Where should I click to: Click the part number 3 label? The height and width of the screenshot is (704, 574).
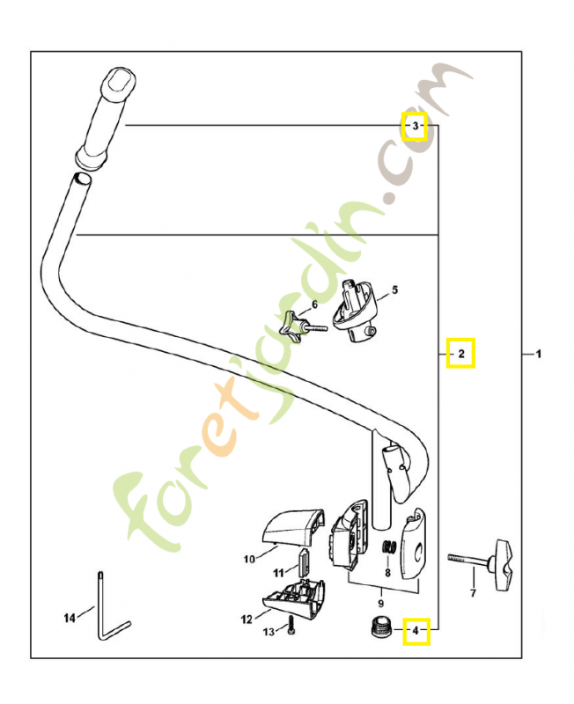coord(415,128)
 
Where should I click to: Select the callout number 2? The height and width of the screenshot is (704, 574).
coord(460,354)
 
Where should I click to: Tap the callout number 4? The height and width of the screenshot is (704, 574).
coord(416,630)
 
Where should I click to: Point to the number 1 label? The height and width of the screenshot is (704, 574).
coord(538,354)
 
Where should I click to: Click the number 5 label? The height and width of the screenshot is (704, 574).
coord(394,290)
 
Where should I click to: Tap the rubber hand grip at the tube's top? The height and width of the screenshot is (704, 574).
coord(380,604)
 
